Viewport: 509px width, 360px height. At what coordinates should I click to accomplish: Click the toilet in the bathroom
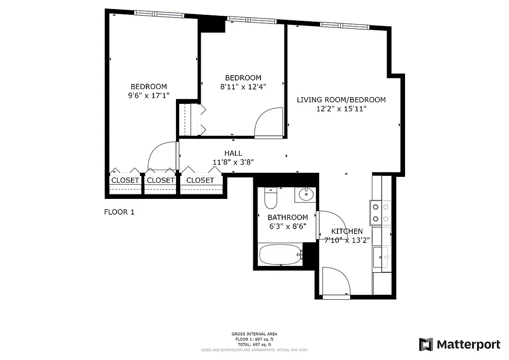coord(270,199)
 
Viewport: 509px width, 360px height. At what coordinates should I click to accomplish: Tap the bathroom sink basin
coord(306,195)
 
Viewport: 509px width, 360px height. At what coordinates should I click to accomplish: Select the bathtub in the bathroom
coord(280,255)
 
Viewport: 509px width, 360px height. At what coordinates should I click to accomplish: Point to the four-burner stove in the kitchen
coord(379,213)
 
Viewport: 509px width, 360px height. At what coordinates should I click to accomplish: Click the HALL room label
coord(233,153)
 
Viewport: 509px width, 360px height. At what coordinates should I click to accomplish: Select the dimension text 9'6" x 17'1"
coord(149,95)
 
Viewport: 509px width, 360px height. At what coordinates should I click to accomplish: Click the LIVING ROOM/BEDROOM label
coord(341,99)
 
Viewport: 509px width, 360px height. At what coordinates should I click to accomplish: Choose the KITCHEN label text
coord(347,231)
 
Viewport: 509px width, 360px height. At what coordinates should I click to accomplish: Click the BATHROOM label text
coord(288,217)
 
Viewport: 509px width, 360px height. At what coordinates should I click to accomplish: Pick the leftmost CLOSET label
coord(125,180)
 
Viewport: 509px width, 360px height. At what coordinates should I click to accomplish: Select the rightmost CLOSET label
coord(200,180)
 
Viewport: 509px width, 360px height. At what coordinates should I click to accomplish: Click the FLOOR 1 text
coord(119,212)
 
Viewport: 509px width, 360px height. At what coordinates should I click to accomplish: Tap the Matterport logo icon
coord(426,344)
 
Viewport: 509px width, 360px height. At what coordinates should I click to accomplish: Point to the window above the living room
coord(345,25)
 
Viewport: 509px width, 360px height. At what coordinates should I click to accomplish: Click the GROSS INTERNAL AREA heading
coord(254,334)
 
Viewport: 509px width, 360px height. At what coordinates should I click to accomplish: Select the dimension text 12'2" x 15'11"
coord(341,108)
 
